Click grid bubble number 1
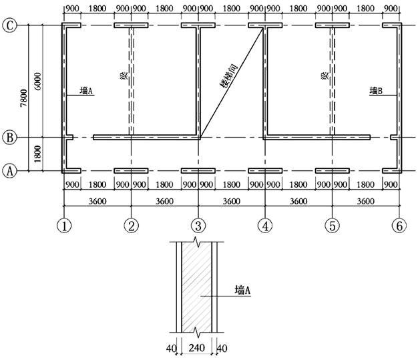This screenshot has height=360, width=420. click(64, 226)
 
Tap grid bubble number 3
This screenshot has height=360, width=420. click(198, 226)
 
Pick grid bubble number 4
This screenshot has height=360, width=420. click(265, 226)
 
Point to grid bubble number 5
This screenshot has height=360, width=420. click(332, 226)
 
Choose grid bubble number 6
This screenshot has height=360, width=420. click(399, 226)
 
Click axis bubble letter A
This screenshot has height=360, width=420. click(10, 171)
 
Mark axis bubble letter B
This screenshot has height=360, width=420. click(10, 138)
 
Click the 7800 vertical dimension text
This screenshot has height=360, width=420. click(23, 98)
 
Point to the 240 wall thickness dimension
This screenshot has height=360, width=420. click(197, 349)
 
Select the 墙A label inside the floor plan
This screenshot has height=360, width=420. click(86, 90)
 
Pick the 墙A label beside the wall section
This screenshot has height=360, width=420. click(241, 290)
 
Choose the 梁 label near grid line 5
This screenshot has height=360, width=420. click(325, 77)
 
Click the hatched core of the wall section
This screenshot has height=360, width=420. click(197, 287)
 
